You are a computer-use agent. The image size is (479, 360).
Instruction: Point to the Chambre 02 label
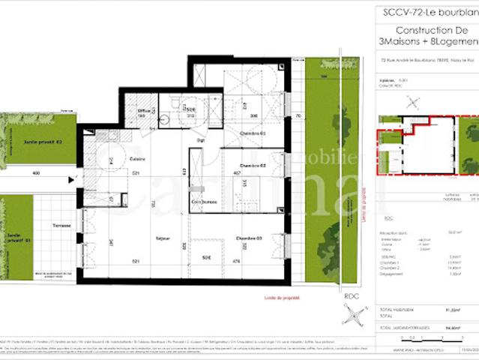(253, 165)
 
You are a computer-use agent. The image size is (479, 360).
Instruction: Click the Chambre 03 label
(248, 238)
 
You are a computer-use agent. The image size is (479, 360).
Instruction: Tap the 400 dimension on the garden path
(35, 173)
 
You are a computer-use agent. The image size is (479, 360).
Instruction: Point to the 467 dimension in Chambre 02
(237, 173)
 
